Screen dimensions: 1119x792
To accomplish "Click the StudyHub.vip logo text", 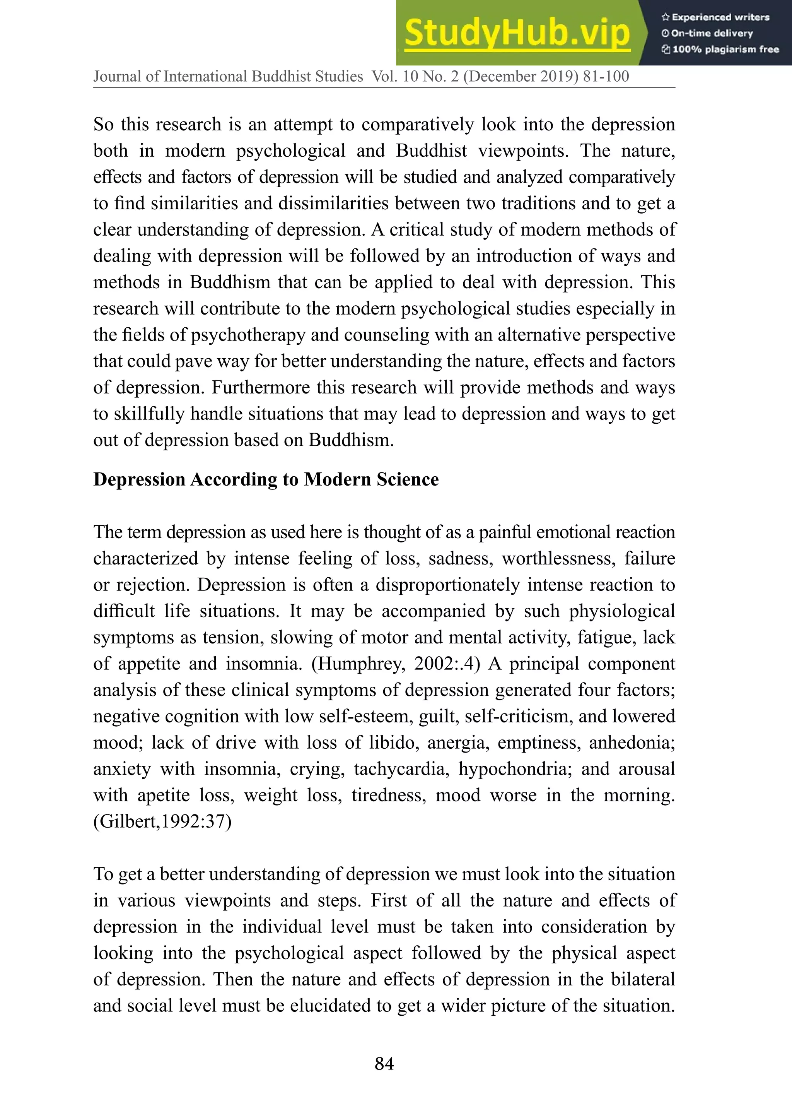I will [x=517, y=33].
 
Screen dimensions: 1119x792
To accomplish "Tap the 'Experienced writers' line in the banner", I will [x=715, y=17].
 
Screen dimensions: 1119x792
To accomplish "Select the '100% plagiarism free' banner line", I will [x=720, y=49].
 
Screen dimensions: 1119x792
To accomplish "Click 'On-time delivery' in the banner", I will [x=707, y=33].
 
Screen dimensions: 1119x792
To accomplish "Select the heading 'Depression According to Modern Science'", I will [x=266, y=480].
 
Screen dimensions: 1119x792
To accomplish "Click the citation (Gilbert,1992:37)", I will [x=162, y=822].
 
